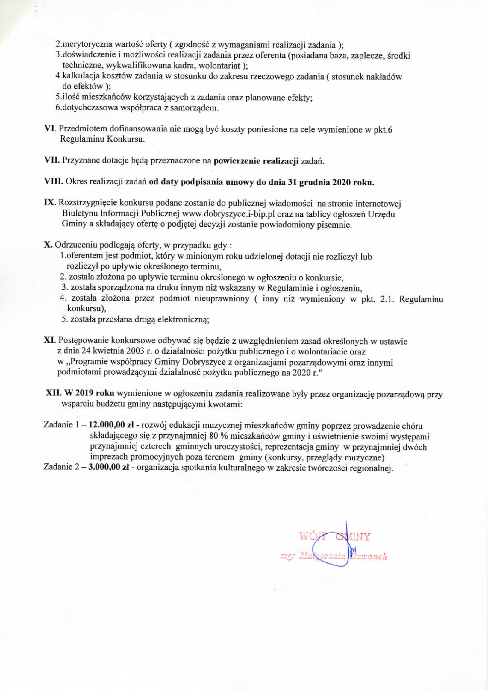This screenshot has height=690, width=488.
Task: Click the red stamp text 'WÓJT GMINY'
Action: tap(335, 537)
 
